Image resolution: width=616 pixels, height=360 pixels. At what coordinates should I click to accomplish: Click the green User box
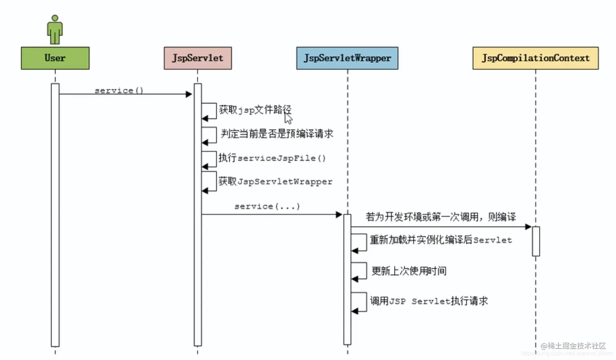[x=55, y=58]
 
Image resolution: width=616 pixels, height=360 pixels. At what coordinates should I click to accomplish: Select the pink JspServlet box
[x=198, y=58]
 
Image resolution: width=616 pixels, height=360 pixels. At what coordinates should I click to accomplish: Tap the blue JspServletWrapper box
[x=347, y=58]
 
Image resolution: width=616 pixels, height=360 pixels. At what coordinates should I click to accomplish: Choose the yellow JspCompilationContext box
[x=535, y=58]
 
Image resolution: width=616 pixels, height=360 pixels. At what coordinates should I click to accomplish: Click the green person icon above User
[x=55, y=30]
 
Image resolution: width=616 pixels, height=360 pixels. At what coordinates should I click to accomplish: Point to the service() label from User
[x=119, y=90]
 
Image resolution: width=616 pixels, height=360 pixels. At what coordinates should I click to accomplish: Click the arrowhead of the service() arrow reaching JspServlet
[x=189, y=94]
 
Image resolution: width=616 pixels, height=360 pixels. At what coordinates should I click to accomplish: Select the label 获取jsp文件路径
[x=255, y=110]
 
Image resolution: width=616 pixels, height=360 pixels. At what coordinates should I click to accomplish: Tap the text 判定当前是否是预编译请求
[x=277, y=134]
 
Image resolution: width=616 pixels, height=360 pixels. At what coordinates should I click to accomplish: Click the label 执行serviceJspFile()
[x=272, y=158]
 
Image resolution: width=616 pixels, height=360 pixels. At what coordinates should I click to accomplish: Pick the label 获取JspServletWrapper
[x=275, y=182]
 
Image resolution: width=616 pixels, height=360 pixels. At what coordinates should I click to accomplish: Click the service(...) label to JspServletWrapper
[x=267, y=206]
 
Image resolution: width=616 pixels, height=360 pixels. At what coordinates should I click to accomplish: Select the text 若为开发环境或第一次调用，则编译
[x=440, y=217]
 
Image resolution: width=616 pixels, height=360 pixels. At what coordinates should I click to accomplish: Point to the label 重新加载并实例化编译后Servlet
[x=440, y=240]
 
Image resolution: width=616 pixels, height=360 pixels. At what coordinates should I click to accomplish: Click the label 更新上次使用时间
[x=409, y=271]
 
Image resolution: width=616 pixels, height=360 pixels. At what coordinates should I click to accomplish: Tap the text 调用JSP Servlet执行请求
[x=429, y=301]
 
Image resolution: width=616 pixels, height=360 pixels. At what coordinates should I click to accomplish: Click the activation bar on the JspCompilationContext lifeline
[x=536, y=241]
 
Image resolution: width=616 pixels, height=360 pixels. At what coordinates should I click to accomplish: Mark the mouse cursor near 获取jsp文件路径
[x=288, y=119]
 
